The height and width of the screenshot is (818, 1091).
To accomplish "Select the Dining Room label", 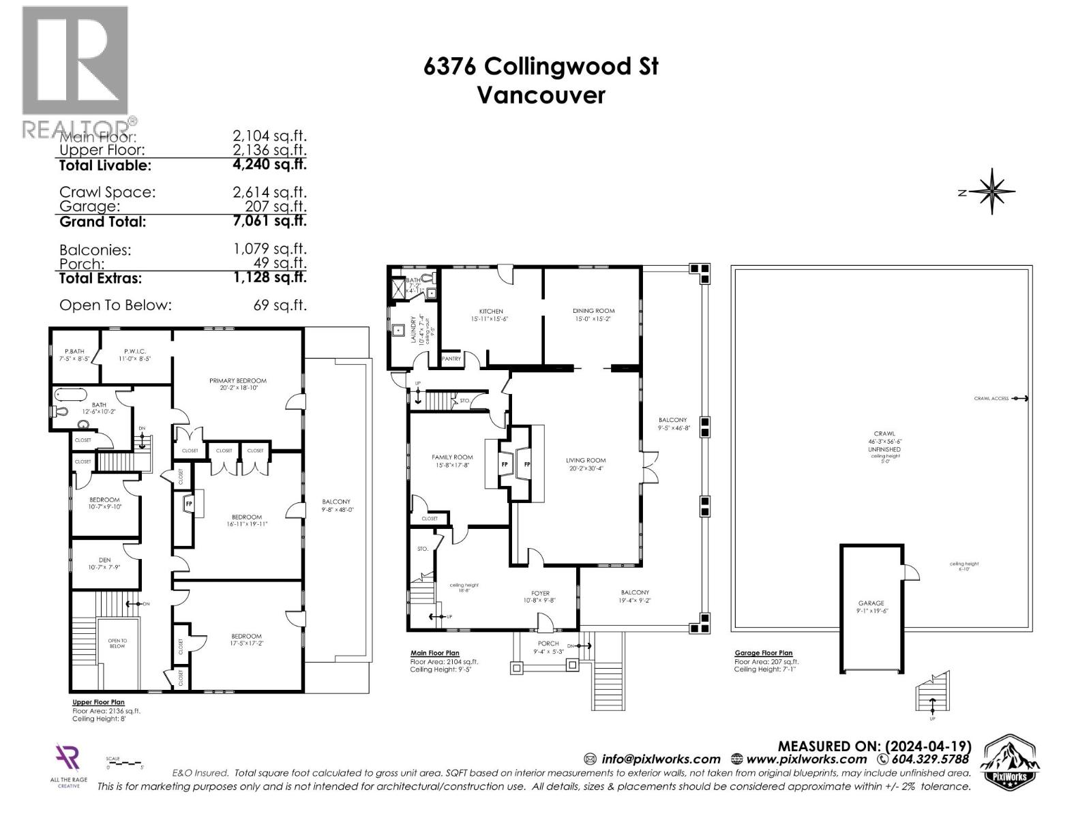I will coord(593,311).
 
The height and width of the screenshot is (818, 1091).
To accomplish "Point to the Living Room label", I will coord(586,460).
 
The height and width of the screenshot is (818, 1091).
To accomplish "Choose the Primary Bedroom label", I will coord(237,380).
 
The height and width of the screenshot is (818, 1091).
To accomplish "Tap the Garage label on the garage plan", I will coord(871,603).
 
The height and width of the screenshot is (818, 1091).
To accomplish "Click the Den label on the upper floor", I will coord(104,560).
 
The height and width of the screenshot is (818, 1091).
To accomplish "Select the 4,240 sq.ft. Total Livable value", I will coord(269,164).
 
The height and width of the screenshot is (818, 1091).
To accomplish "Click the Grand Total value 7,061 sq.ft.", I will coord(269,221).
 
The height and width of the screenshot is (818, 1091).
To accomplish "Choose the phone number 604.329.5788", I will coord(929,759).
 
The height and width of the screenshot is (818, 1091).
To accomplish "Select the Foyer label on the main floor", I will coord(540,593).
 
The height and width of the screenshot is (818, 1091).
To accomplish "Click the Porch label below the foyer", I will coord(548,643).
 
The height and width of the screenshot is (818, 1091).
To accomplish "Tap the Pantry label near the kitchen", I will coord(451,359).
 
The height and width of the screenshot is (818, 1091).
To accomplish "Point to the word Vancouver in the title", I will coord(541,95).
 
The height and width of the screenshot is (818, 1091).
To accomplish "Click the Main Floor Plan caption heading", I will coord(434,653).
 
